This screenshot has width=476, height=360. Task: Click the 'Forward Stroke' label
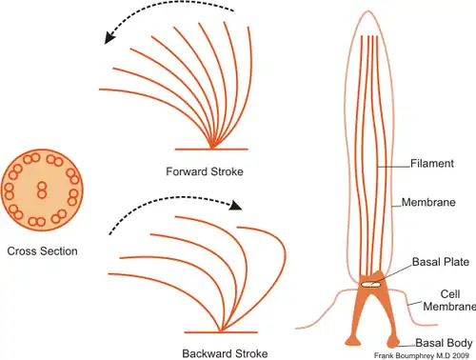(205, 171)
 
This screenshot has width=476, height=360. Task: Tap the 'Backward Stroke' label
(225, 353)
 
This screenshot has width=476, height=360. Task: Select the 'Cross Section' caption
(42, 251)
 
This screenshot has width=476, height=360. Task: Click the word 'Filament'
(432, 164)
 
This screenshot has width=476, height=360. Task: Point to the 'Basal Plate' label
(441, 262)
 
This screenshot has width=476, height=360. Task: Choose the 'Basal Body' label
(444, 343)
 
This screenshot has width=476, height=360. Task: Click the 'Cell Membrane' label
(449, 300)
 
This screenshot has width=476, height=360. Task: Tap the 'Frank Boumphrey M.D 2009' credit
(422, 355)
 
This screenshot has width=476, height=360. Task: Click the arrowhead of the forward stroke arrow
(109, 37)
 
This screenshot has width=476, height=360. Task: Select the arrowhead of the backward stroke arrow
(235, 206)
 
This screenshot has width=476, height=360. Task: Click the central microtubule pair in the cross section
(42, 190)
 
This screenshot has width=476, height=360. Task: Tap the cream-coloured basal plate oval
(370, 285)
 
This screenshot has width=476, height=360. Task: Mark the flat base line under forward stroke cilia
(211, 149)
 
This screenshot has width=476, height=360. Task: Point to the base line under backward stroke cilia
(221, 332)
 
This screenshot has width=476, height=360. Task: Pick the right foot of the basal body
(393, 342)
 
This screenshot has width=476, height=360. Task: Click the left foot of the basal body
(352, 341)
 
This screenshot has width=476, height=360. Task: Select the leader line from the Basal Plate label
(393, 273)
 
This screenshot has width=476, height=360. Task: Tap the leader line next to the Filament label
(394, 167)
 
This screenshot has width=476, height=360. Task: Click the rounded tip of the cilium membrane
(368, 11)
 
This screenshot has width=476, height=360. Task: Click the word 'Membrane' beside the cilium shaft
(428, 202)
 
